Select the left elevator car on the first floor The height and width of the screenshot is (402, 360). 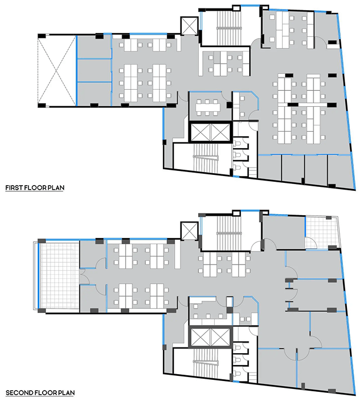[200, 132]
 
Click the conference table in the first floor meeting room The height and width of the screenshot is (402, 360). [208, 105]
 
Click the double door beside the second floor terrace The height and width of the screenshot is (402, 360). [83, 276]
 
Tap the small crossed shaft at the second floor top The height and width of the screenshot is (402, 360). [188, 231]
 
